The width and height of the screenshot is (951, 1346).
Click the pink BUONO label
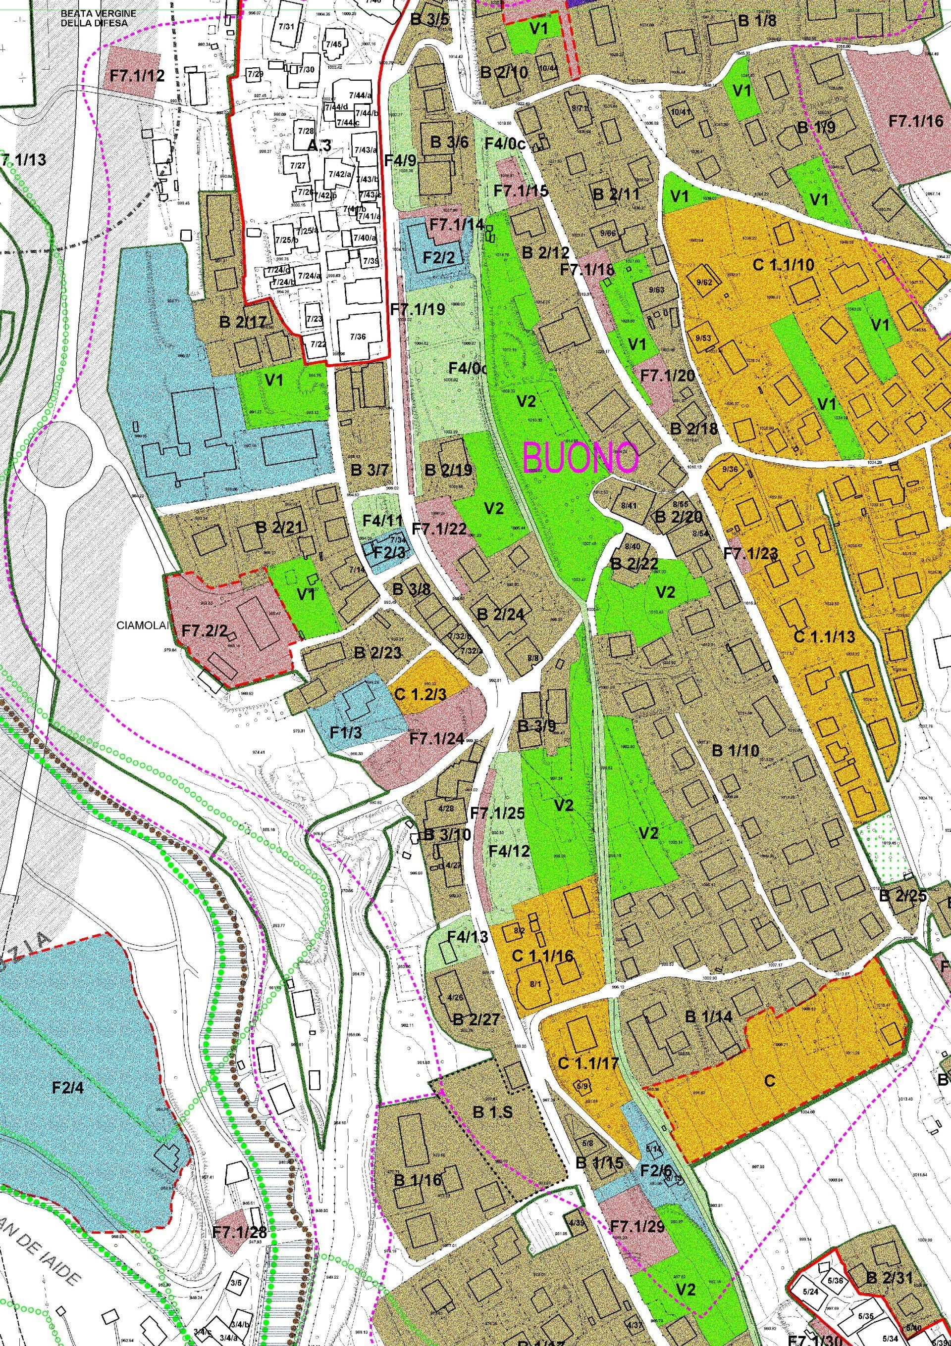(x=580, y=458)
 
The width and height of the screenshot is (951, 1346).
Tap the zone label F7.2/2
(x=204, y=631)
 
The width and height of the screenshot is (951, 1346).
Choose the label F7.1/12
(x=137, y=75)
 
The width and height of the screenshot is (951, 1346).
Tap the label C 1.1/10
(x=783, y=265)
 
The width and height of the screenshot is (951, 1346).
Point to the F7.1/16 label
(x=915, y=121)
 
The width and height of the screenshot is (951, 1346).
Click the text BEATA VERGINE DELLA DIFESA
(x=99, y=18)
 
